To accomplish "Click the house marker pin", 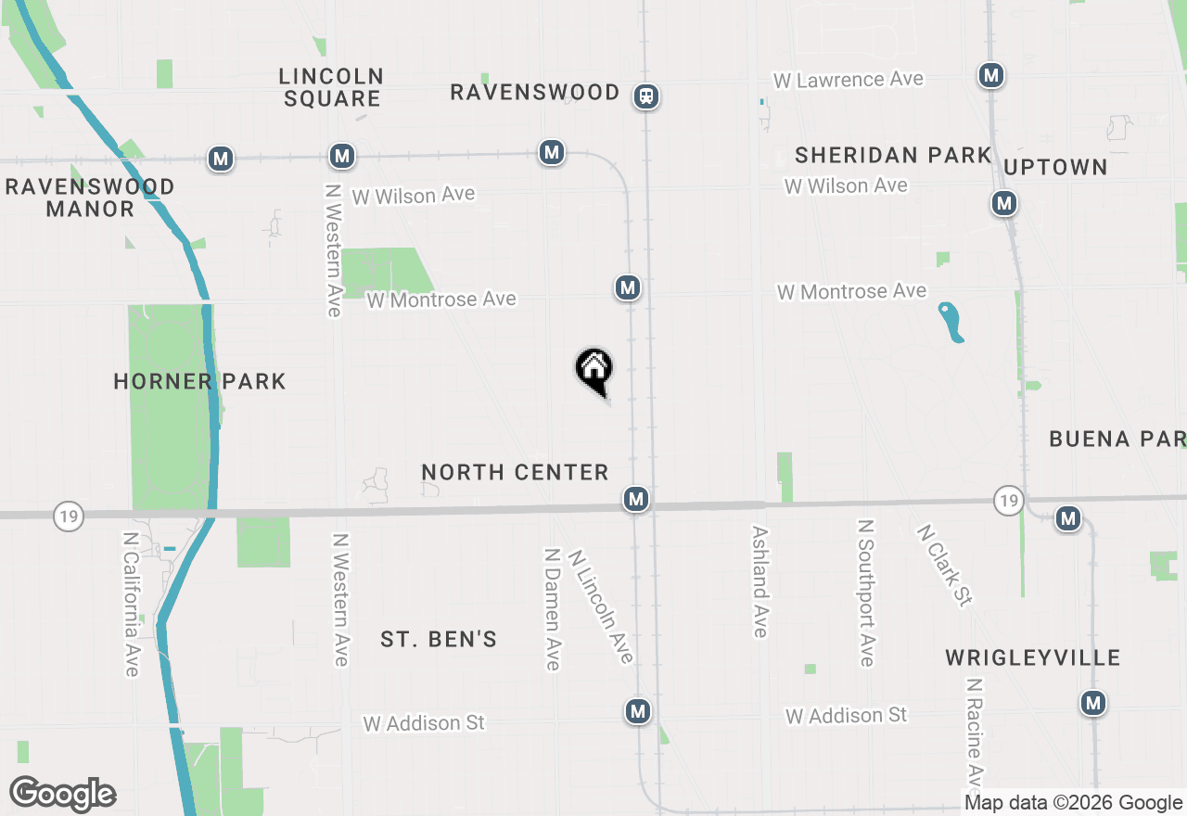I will [594, 370].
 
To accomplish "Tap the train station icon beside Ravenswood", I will [646, 96].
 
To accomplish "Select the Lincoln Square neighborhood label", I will [331, 87].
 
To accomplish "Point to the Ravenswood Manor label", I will [90, 198].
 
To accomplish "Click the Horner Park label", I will [199, 381].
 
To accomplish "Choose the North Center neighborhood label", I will [515, 472].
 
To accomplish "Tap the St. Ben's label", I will [439, 639].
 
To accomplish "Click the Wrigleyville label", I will [1033, 657].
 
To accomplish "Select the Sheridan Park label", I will [893, 155].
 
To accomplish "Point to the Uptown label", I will [1055, 167].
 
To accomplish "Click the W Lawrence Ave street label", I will [849, 80].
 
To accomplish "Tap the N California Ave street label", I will [132, 604].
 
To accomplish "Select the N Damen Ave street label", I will [552, 607].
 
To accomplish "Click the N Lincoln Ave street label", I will [601, 606].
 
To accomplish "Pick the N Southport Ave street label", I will [866, 593].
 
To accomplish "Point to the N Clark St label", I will [944, 566].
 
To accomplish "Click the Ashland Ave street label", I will [760, 582].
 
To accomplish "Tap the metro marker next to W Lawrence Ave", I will [991, 75].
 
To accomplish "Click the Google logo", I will [62, 795].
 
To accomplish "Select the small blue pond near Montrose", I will [951, 322].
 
